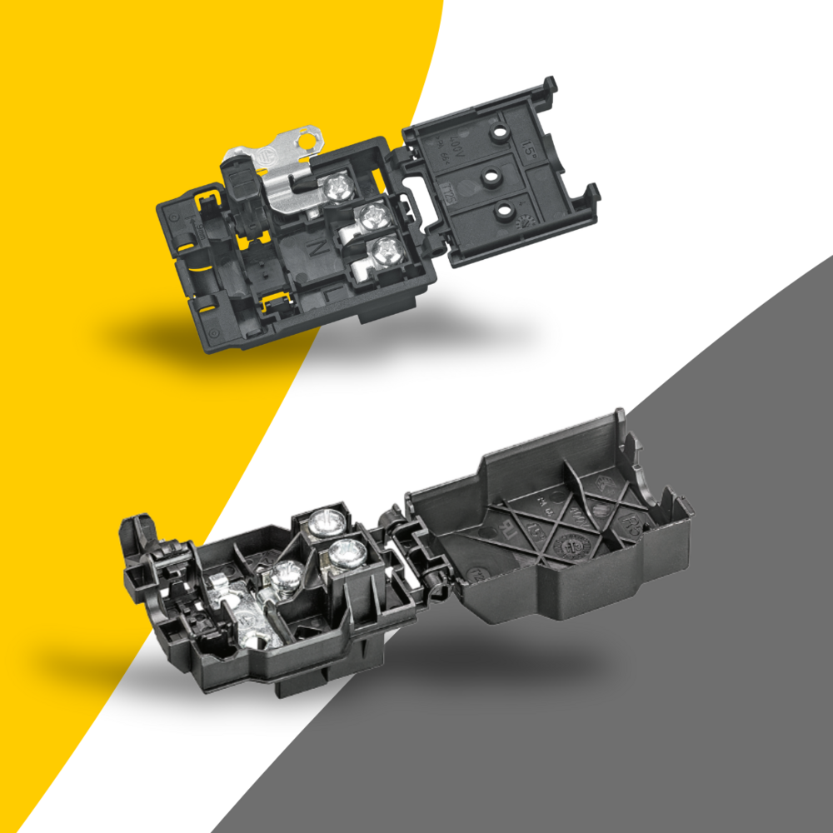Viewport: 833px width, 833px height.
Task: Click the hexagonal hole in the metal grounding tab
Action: click(x=309, y=137)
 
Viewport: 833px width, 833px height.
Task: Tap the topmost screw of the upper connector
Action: click(x=338, y=187)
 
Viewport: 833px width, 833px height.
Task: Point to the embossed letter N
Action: click(x=317, y=247)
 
